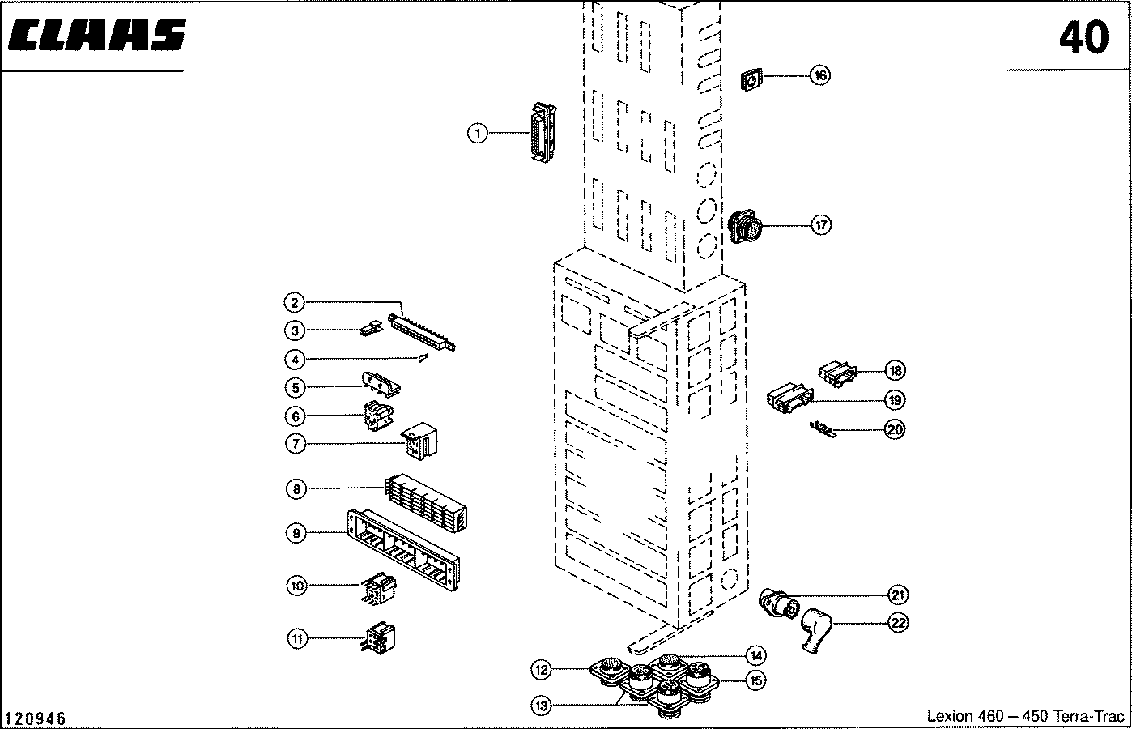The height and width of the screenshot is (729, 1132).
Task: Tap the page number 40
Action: pos(1083,38)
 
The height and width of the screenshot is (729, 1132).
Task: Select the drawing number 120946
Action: pos(36,718)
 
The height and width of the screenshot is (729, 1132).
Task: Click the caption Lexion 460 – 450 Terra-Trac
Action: pos(1025,716)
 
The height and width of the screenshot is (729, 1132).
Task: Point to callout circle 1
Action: pos(478,134)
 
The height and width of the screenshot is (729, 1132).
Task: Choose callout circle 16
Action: pos(820,75)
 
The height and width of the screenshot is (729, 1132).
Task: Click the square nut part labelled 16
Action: pos(752,80)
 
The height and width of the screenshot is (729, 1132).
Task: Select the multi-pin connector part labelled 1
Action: pos(543,133)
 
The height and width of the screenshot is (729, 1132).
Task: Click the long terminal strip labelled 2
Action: pos(422,332)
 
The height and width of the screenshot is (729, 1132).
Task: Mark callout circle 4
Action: pos(295,359)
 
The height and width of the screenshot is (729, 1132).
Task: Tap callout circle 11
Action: pos(298,638)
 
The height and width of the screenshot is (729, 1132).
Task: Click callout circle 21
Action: pos(897,595)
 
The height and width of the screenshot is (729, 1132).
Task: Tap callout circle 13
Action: pos(541,706)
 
